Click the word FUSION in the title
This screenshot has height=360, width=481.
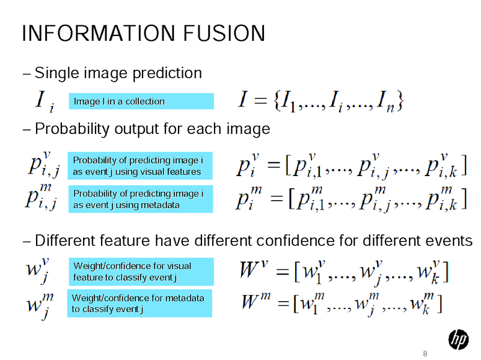[224, 33]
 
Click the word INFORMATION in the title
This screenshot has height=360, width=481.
[99, 33]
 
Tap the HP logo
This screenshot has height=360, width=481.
[458, 340]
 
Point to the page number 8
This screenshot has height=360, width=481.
[425, 353]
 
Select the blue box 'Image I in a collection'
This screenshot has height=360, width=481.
[141, 101]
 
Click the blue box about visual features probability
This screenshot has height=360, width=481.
[140, 166]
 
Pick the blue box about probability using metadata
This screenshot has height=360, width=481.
[141, 199]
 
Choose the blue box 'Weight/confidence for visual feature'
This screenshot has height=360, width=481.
[141, 272]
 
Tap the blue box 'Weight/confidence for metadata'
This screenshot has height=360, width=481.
[139, 304]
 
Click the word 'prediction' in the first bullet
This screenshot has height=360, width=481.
[167, 73]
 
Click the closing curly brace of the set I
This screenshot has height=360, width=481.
[400, 100]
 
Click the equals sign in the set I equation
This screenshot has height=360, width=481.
[260, 100]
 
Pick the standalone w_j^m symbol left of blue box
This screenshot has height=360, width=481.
[40, 306]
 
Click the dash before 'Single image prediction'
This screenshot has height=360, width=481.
[26, 74]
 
